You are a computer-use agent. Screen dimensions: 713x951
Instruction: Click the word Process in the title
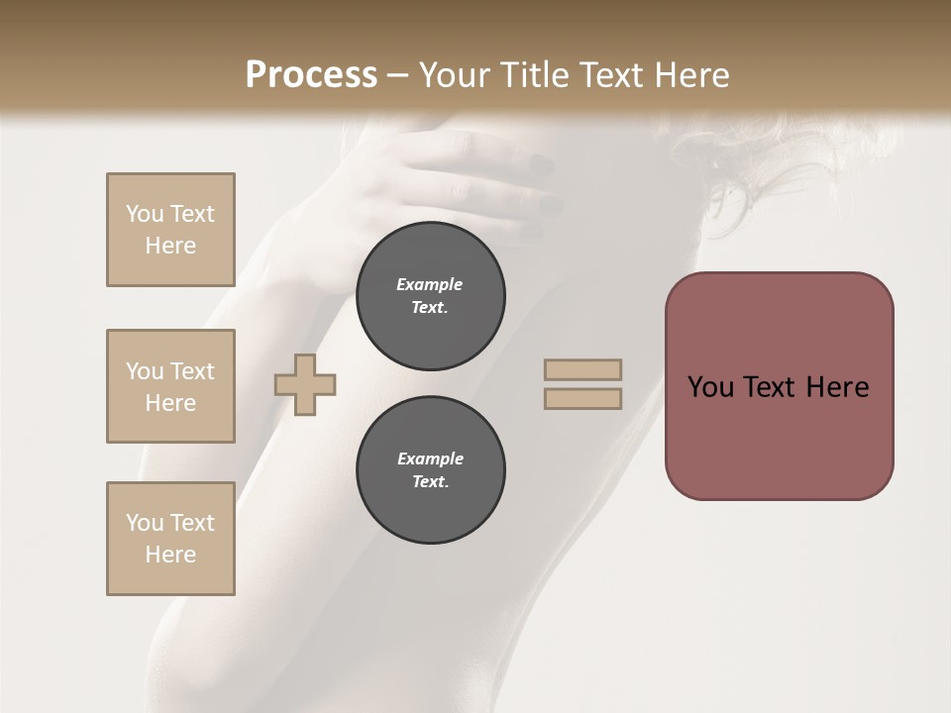(311, 75)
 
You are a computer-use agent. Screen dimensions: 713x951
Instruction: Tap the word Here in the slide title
(687, 75)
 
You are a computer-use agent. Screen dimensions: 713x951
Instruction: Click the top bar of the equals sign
(582, 369)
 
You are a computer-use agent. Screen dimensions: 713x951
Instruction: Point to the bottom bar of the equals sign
(582, 399)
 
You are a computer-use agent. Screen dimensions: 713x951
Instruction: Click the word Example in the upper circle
(430, 284)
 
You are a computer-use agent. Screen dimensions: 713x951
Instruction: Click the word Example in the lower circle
(430, 458)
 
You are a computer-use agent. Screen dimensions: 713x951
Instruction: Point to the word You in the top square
(145, 214)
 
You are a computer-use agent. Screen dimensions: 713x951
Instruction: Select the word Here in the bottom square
(170, 555)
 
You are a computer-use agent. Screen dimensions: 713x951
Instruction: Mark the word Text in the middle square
(192, 371)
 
